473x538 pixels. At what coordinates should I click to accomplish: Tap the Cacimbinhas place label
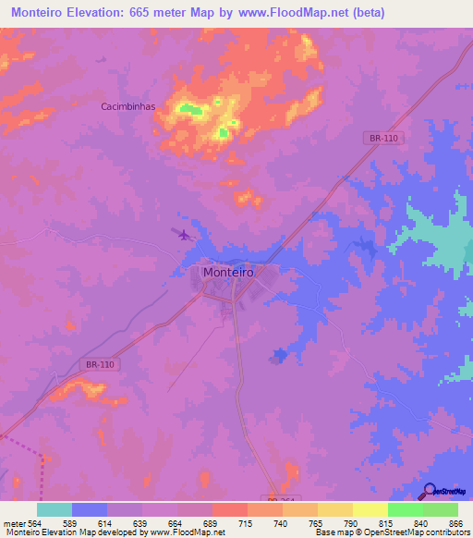[x=128, y=106]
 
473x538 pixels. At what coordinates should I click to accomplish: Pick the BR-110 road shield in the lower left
[x=101, y=365]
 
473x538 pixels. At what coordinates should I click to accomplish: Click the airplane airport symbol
[x=183, y=234]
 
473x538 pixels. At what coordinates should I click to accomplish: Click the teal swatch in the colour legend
[x=55, y=509]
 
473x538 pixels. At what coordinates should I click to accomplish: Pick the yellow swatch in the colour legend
[x=370, y=509]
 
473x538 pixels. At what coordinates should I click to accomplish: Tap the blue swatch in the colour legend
[x=90, y=509]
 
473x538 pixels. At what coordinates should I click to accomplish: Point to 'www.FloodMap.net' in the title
[x=297, y=13]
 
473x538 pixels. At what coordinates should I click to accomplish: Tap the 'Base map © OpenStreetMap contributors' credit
[x=392, y=532]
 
